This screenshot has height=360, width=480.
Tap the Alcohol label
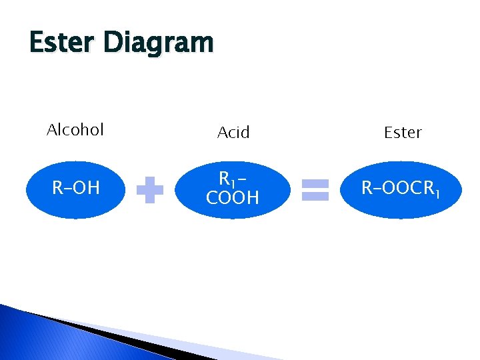pos(75,129)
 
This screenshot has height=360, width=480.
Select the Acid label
pos(233,133)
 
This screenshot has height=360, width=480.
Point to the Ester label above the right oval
pos(403,133)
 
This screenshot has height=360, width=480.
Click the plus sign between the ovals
pos(150,190)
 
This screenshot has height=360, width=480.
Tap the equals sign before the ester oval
pos(315,189)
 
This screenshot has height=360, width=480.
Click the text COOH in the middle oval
pos(233,197)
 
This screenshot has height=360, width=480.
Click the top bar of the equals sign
pos(315,183)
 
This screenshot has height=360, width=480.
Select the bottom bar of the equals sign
pos(315,196)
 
